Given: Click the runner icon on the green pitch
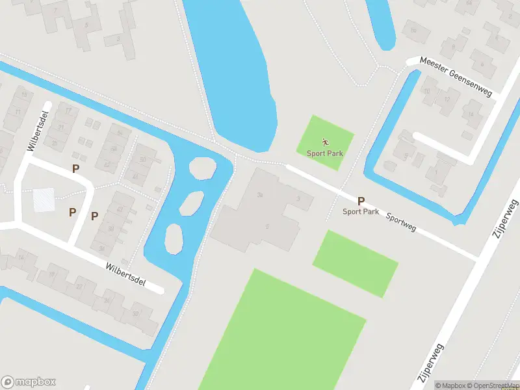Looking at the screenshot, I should click(325, 141).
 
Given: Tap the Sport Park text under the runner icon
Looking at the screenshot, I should click(325, 153).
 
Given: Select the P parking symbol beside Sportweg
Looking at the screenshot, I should click(361, 201).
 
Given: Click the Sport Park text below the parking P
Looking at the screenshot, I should click(361, 211).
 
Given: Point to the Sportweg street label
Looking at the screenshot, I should click(400, 222).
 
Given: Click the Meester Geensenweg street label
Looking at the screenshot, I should click(456, 76).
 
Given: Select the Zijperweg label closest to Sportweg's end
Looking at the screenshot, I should click(506, 219).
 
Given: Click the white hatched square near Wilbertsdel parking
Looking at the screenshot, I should click(44, 198).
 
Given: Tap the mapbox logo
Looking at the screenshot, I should click(29, 382).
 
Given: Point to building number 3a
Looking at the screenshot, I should click(260, 194).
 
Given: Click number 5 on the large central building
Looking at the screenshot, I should click(267, 226).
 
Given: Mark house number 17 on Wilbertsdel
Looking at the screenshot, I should click(68, 110).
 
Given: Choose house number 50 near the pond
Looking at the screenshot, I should click(142, 160).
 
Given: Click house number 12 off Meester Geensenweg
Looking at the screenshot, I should click(447, 98).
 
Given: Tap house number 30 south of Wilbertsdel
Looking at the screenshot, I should click(135, 313).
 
